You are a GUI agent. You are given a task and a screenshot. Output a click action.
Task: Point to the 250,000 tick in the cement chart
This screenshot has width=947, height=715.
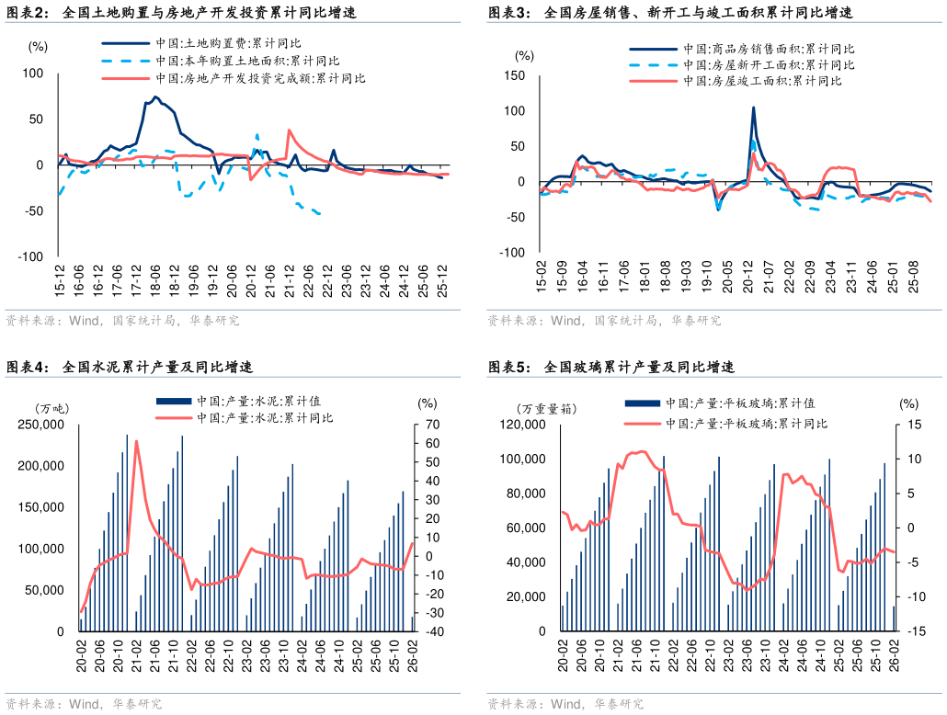click(x=40, y=425)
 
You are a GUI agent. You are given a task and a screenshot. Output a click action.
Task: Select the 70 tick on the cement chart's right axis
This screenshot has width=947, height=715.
click(x=431, y=425)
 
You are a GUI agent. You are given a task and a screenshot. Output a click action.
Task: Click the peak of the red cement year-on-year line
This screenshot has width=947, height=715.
click(x=136, y=441)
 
